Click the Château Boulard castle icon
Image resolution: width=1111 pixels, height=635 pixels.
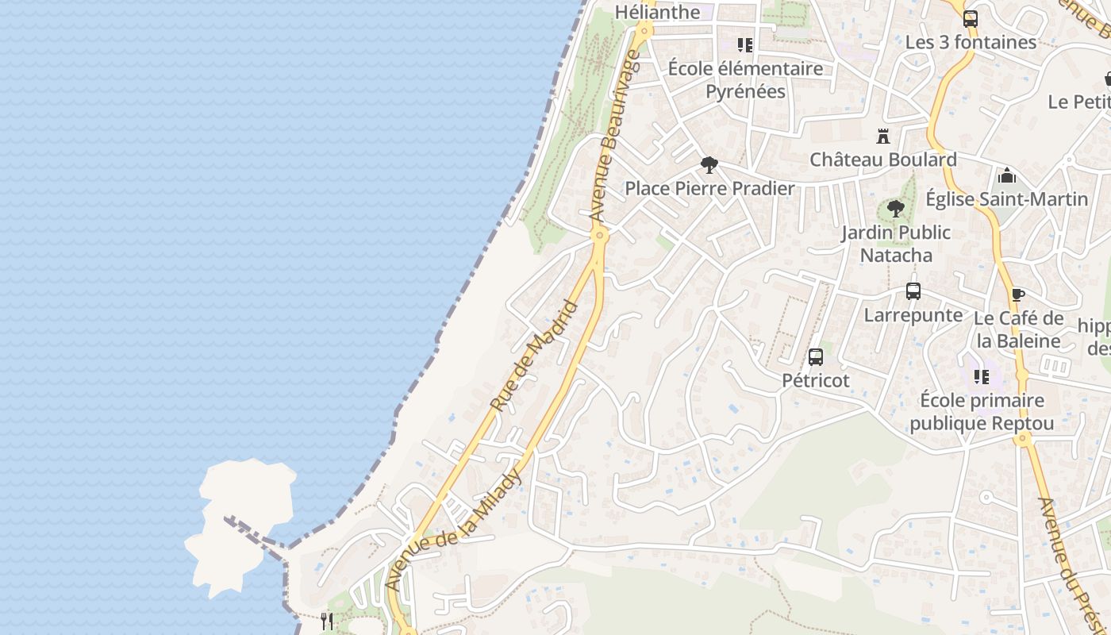[882, 137]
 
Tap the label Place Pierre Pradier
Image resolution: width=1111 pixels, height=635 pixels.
[709, 188]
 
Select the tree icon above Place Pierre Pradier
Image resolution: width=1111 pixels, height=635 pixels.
[709, 165]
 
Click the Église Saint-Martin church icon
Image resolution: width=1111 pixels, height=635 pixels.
[1007, 175]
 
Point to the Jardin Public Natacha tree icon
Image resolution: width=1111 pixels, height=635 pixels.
[895, 210]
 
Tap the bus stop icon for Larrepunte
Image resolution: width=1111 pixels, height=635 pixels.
[913, 291]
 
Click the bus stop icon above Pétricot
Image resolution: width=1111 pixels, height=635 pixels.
[816, 357]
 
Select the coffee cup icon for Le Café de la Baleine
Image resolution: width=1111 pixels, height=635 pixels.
[1017, 295]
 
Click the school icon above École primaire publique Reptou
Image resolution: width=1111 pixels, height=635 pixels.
[982, 376]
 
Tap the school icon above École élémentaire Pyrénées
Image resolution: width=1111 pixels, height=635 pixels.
[744, 45]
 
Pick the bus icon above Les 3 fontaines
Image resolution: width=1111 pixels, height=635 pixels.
[970, 19]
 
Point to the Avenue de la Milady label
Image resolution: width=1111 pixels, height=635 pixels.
[454, 529]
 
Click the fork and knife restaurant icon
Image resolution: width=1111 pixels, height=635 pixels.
[326, 621]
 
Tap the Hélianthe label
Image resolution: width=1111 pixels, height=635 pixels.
[659, 12]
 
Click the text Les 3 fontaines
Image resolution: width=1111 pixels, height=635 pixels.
[971, 42]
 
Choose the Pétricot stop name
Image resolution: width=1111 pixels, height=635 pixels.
[816, 380]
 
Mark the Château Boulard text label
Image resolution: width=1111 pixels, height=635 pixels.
[882, 160]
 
